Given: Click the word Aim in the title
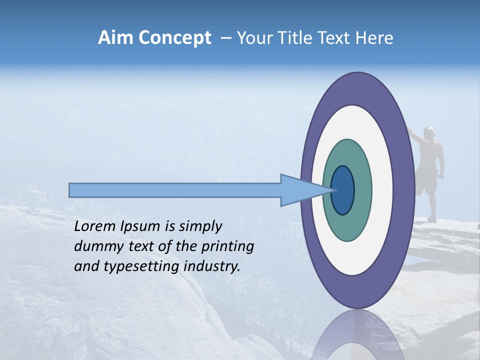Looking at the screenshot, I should (115, 38).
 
